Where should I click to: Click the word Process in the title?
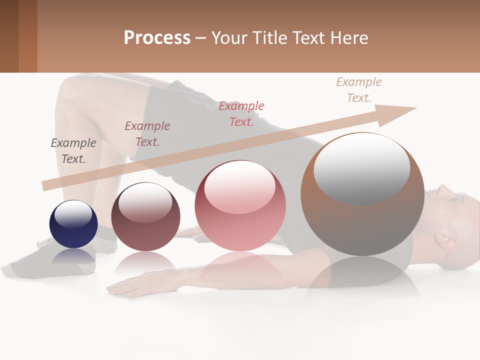(157, 37)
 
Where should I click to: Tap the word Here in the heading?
(348, 37)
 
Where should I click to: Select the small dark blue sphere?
(73, 224)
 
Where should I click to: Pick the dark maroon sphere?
(145, 217)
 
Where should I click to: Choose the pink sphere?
(240, 206)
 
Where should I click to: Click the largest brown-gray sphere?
(362, 195)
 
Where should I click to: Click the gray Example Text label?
(73, 150)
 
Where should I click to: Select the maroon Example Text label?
(147, 133)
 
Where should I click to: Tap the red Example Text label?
(241, 113)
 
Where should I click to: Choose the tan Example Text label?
(358, 89)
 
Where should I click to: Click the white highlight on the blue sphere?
(73, 214)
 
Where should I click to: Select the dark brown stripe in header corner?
(9, 36)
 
